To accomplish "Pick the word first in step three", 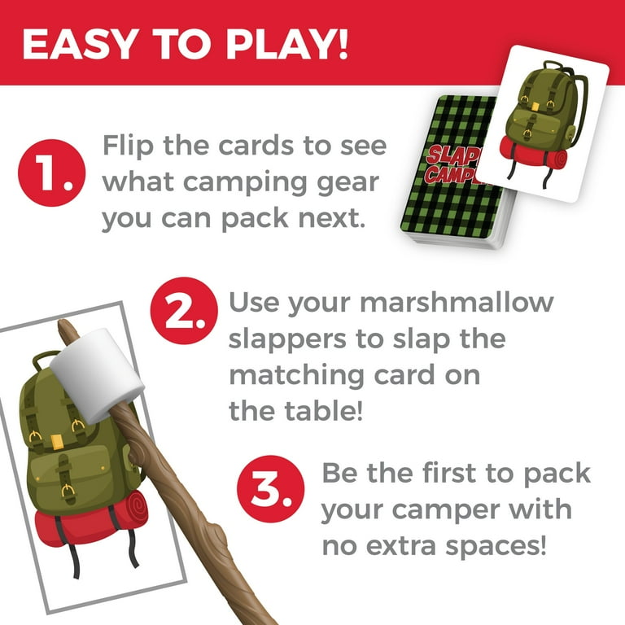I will (x=451, y=473).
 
